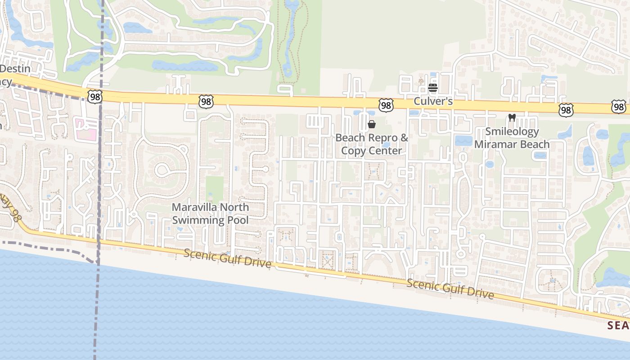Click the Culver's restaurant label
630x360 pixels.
pyautogui.click(x=433, y=101)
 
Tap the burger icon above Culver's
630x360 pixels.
pyautogui.click(x=433, y=88)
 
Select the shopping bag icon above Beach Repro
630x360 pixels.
pyautogui.click(x=372, y=124)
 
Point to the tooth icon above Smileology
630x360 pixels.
pyautogui.click(x=512, y=118)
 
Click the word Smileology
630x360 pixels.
pyautogui.click(x=512, y=132)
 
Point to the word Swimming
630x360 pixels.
pyautogui.click(x=198, y=220)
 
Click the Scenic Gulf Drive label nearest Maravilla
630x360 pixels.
pyautogui.click(x=228, y=258)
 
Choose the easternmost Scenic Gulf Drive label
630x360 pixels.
pyautogui.click(x=450, y=289)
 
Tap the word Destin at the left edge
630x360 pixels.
pyautogui.click(x=15, y=69)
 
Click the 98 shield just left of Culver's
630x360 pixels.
pyautogui.click(x=386, y=105)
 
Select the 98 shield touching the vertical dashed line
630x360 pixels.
pyautogui.click(x=95, y=96)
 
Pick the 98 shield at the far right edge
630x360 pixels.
pyautogui.click(x=619, y=107)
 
